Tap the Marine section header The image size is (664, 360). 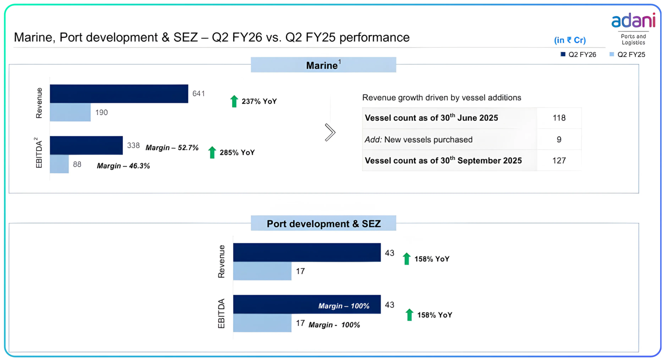[x=323, y=65]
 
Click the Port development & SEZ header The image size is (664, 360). [x=323, y=223]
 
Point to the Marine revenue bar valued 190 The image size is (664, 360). [x=70, y=112]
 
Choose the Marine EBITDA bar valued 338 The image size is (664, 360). [x=86, y=145]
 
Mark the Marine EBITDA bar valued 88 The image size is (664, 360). [x=59, y=164]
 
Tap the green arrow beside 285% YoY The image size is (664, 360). [x=212, y=152]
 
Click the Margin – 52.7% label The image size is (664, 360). [x=172, y=148]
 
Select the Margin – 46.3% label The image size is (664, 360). [x=123, y=166]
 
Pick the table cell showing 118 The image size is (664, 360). [x=559, y=118]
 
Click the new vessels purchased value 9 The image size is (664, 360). [x=559, y=139]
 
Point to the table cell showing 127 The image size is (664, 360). [x=559, y=161]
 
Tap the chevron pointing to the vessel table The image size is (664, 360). [x=330, y=133]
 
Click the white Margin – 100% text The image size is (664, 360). [x=344, y=306]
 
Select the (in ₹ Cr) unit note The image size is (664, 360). [x=570, y=40]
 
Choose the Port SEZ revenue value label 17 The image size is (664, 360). [x=300, y=271]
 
